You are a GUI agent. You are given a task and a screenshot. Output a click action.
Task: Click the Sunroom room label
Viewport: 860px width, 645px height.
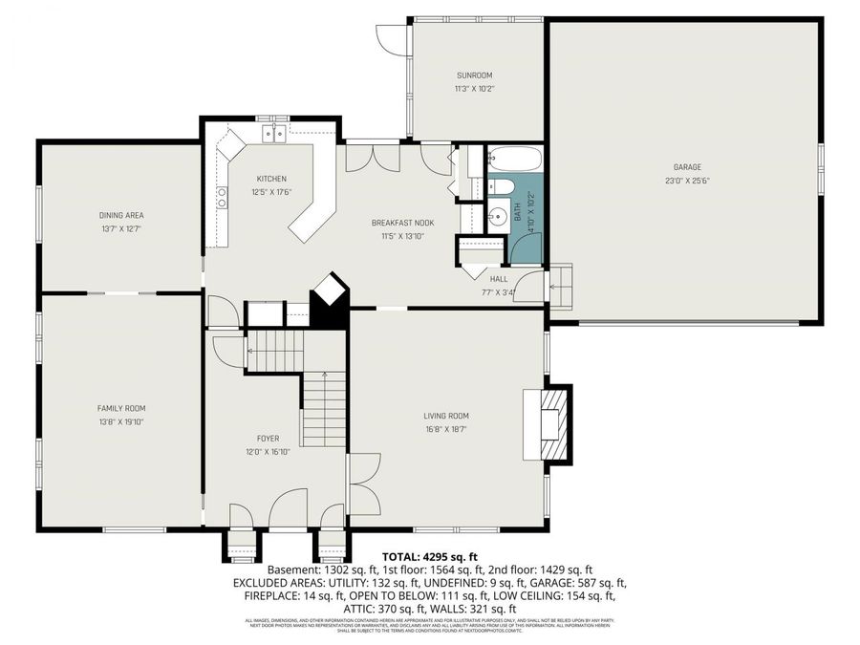pyautogui.click(x=474, y=75)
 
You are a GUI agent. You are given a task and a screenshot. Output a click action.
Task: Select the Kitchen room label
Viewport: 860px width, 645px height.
pyautogui.click(x=270, y=179)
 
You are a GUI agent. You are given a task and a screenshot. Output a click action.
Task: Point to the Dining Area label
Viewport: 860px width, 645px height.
pyautogui.click(x=120, y=215)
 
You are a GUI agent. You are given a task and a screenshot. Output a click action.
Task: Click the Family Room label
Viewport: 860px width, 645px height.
pyautogui.click(x=120, y=408)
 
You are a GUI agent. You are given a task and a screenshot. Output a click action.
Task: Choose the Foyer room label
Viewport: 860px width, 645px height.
pyautogui.click(x=268, y=438)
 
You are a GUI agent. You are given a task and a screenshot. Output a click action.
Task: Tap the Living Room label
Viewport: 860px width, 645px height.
pyautogui.click(x=446, y=416)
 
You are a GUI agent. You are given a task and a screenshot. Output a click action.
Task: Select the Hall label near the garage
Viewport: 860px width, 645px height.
pyautogui.click(x=499, y=279)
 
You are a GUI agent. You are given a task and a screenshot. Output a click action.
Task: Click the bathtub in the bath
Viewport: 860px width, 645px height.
pyautogui.click(x=515, y=158)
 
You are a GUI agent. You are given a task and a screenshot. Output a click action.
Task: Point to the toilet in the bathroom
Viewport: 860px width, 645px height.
pyautogui.click(x=503, y=187)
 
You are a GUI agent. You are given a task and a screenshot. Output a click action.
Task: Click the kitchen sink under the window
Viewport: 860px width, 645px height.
pyautogui.click(x=274, y=135)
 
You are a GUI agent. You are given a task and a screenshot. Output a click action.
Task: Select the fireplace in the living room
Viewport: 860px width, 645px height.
pyautogui.click(x=553, y=422)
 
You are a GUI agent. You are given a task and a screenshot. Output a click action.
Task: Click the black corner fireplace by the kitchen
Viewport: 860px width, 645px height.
pyautogui.click(x=330, y=301)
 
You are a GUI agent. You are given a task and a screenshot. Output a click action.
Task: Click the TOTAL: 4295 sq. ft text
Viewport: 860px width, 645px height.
pyautogui.click(x=429, y=555)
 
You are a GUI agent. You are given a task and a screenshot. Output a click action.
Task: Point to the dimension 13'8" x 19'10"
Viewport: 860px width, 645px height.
pyautogui.click(x=120, y=421)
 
